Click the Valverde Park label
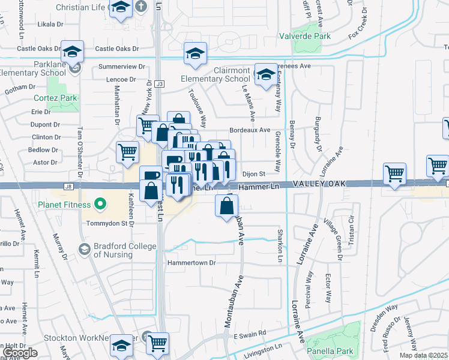click(x=305, y=36)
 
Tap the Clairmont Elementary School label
click(x=215, y=74)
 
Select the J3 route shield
click(x=159, y=84)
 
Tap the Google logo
click(x=21, y=353)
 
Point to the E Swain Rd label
click(x=250, y=334)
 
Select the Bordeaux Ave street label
click(x=250, y=130)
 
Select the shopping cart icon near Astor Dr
click(x=128, y=152)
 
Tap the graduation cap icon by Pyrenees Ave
click(x=265, y=74)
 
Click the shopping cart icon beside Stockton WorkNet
click(x=158, y=343)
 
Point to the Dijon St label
click(x=254, y=174)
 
